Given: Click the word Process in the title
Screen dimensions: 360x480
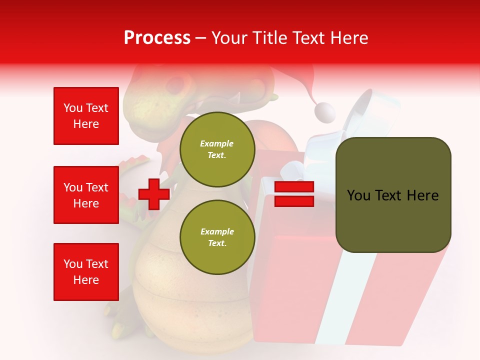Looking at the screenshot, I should click(157, 38).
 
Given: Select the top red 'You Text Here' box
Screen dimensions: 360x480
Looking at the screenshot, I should click(86, 116).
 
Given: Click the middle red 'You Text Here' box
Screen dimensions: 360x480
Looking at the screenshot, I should click(86, 195).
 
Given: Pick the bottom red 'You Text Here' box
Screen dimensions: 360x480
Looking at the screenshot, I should click(86, 272).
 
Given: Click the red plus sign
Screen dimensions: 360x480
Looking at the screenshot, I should click(154, 194).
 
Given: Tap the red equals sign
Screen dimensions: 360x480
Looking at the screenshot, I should click(294, 194).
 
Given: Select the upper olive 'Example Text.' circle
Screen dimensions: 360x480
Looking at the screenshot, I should click(217, 149).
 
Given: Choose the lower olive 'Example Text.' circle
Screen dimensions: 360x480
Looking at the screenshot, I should click(217, 237).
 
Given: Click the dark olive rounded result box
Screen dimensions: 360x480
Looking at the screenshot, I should click(393, 195).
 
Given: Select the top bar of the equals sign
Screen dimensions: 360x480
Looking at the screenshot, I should click(294, 187).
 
